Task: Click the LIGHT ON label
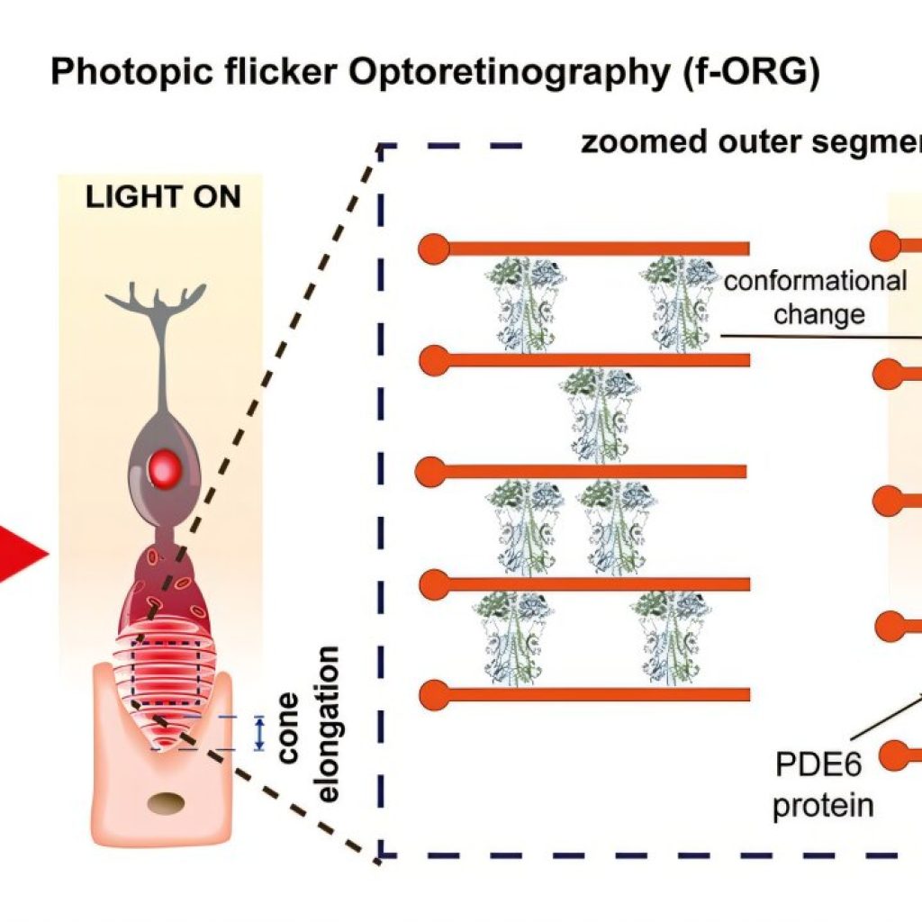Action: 163,197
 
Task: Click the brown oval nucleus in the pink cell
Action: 166,803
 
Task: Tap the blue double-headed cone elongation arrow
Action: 259,733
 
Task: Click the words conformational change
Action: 816,297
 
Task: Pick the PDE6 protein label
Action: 822,784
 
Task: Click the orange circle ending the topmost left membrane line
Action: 434,249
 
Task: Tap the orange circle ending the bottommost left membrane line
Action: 435,694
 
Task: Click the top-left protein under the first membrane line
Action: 525,304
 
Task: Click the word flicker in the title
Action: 281,71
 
